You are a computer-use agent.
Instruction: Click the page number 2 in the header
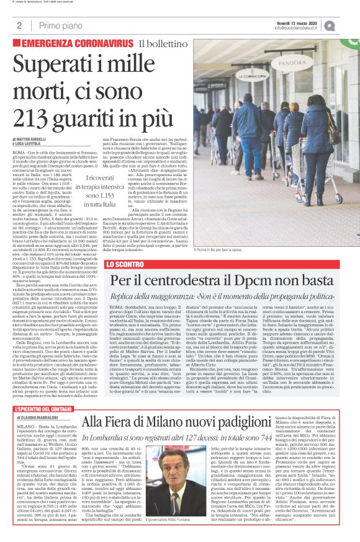pos(19,25)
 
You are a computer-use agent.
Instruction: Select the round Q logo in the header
pos(347,25)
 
